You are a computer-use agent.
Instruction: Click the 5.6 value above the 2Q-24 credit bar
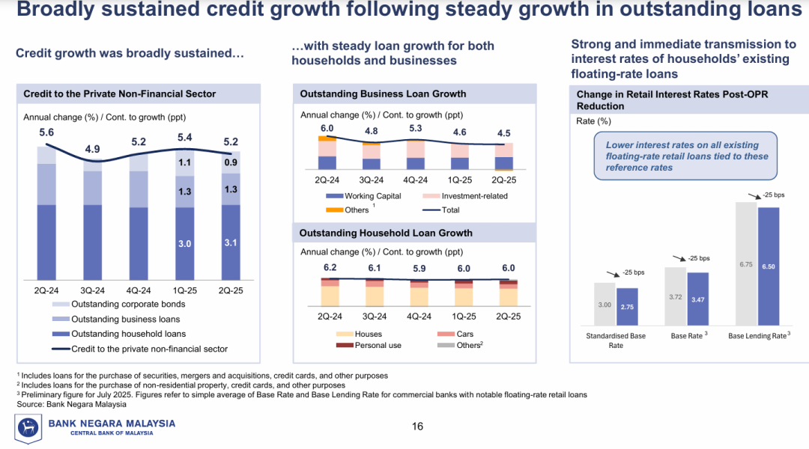click(x=46, y=132)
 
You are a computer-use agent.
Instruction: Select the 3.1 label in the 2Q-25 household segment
click(x=231, y=243)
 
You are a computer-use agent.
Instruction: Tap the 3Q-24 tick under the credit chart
click(x=93, y=290)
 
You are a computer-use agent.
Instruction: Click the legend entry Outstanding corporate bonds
click(x=128, y=304)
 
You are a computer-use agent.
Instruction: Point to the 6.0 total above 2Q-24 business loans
click(x=327, y=129)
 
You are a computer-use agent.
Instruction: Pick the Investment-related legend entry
click(x=474, y=196)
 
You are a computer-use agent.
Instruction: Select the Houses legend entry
click(x=368, y=334)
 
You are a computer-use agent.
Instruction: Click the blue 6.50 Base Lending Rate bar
click(x=769, y=266)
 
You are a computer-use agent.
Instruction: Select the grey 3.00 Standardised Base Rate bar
click(x=605, y=304)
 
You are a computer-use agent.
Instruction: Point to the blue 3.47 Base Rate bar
click(x=698, y=299)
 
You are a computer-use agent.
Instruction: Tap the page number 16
click(x=417, y=427)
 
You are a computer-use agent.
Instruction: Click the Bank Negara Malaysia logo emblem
click(x=28, y=428)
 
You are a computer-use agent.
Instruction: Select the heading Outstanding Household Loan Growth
click(x=386, y=233)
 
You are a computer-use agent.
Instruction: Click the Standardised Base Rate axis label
click(x=616, y=340)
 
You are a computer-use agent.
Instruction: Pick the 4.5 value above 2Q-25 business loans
click(x=504, y=134)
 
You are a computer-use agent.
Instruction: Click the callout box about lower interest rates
click(x=686, y=156)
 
